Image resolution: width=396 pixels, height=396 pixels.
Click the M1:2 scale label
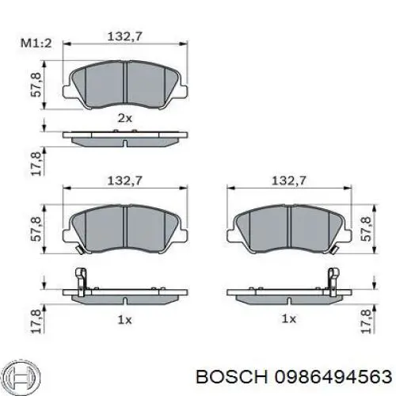point(36,43)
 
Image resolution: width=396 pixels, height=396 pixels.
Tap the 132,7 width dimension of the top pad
point(125,36)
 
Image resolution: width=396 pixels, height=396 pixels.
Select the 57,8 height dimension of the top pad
point(36,85)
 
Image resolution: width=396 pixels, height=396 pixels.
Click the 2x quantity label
point(125,118)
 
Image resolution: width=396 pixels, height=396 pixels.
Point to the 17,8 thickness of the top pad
point(36,164)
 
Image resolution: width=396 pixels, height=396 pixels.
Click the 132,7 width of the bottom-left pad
point(125,181)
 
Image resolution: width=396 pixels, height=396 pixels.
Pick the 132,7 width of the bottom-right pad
point(289,181)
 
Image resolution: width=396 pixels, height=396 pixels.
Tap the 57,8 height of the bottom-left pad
point(36,229)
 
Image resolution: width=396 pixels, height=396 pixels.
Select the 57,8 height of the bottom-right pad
point(366,229)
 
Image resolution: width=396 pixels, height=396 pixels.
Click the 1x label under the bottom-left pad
point(125,320)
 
